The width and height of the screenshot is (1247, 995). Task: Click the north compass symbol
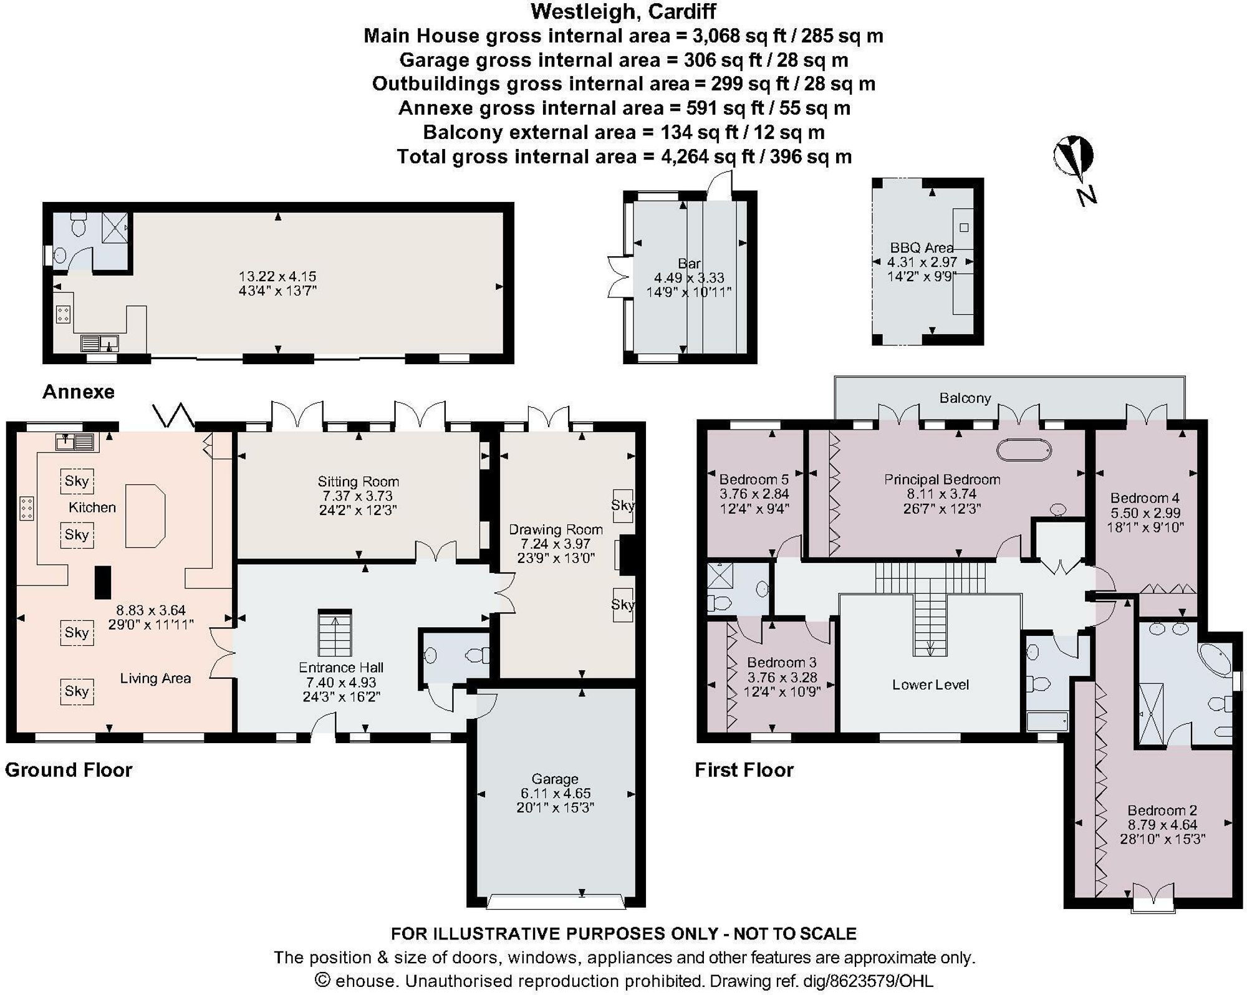pyautogui.click(x=1074, y=168)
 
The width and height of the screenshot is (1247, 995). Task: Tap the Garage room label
pyautogui.click(x=554, y=779)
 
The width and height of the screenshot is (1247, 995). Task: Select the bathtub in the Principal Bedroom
pyautogui.click(x=1024, y=450)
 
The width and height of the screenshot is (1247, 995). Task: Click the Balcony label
pyautogui.click(x=965, y=398)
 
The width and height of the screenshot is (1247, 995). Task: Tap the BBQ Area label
pyautogui.click(x=922, y=248)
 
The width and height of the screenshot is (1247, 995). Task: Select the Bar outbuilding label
pyautogui.click(x=689, y=264)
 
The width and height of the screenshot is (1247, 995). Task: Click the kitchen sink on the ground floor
pyautogui.click(x=74, y=441)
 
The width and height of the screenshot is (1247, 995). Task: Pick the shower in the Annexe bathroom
pyautogui.click(x=115, y=228)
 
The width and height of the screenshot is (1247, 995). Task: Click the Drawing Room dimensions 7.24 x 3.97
pyautogui.click(x=556, y=544)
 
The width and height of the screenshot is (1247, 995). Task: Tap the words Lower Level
pyautogui.click(x=930, y=685)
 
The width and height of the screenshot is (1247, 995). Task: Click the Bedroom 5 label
pyautogui.click(x=754, y=479)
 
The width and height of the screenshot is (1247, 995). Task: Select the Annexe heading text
pyautogui.click(x=79, y=392)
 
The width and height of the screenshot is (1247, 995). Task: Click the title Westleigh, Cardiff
pyautogui.click(x=623, y=11)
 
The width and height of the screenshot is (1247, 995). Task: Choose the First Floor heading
pyautogui.click(x=744, y=770)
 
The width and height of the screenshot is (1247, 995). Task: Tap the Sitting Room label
pyautogui.click(x=358, y=481)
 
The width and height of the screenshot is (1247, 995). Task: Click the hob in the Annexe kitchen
pyautogui.click(x=63, y=314)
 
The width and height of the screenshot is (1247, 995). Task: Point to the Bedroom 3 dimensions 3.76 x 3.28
pyautogui.click(x=782, y=677)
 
